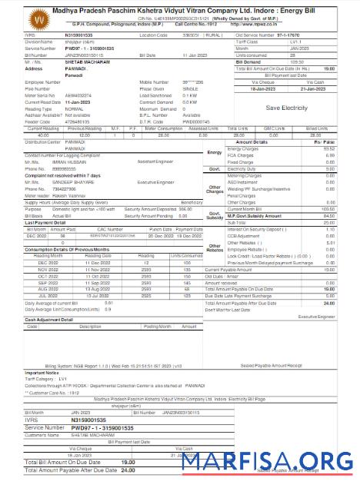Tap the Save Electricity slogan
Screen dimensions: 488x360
tap(287, 108)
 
